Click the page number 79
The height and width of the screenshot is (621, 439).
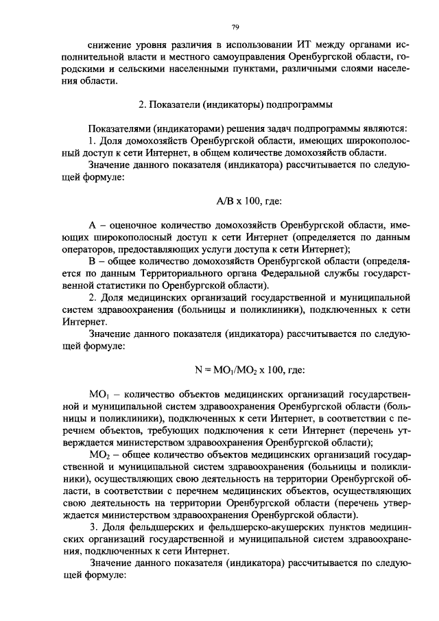point(235,27)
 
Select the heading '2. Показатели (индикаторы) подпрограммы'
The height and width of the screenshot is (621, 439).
point(235,105)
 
